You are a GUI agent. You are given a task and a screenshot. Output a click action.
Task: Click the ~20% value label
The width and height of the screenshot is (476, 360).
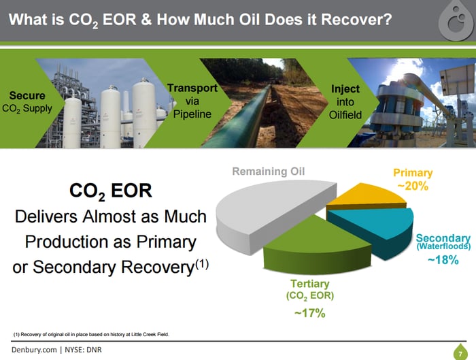413,186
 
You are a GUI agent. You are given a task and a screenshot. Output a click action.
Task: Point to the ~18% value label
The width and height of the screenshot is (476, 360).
443,260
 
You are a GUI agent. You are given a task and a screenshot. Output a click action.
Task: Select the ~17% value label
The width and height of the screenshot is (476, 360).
309,313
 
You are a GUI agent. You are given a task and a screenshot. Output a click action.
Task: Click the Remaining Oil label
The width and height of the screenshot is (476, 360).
269,171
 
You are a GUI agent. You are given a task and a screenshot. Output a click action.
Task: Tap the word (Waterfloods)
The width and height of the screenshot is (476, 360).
443,246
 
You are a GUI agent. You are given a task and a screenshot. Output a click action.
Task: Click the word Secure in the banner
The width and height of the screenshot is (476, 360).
27,95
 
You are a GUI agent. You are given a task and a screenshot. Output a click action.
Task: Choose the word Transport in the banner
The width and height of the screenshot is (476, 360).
192,88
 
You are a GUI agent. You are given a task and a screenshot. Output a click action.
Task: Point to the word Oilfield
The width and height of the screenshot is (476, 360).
345,115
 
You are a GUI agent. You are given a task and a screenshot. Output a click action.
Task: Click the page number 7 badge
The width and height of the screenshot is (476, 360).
460,353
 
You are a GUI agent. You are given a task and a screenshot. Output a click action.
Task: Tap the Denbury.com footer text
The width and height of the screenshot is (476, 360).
34,350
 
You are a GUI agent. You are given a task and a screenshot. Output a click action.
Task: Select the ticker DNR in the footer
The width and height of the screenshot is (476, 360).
94,350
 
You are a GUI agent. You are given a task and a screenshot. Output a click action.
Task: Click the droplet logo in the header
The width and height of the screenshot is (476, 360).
456,20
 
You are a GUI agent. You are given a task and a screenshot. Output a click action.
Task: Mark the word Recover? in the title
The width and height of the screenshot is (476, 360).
356,20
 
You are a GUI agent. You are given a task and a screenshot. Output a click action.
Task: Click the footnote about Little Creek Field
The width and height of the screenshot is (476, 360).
90,335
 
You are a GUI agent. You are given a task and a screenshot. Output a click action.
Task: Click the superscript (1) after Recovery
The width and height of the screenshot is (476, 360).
202,263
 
